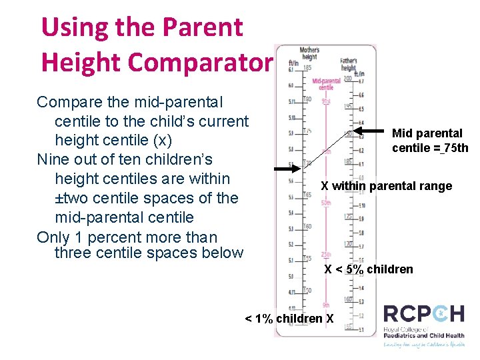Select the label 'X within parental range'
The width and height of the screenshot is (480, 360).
pyautogui.click(x=386, y=186)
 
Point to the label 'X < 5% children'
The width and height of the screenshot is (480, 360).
pyautogui.click(x=368, y=269)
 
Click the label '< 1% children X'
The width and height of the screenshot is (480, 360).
pyautogui.click(x=289, y=319)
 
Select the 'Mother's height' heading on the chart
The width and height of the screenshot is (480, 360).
pyautogui.click(x=309, y=53)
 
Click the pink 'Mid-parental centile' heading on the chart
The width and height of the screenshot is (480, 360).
pyautogui.click(x=326, y=84)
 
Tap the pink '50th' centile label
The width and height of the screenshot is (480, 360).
pyautogui.click(x=325, y=203)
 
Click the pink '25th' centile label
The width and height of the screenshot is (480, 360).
pyautogui.click(x=325, y=255)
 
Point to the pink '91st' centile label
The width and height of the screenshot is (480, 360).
pyautogui.click(x=326, y=101)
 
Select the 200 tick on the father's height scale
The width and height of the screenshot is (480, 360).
pyautogui.click(x=347, y=79)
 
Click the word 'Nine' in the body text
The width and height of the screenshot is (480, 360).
pyautogui.click(x=52, y=160)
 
